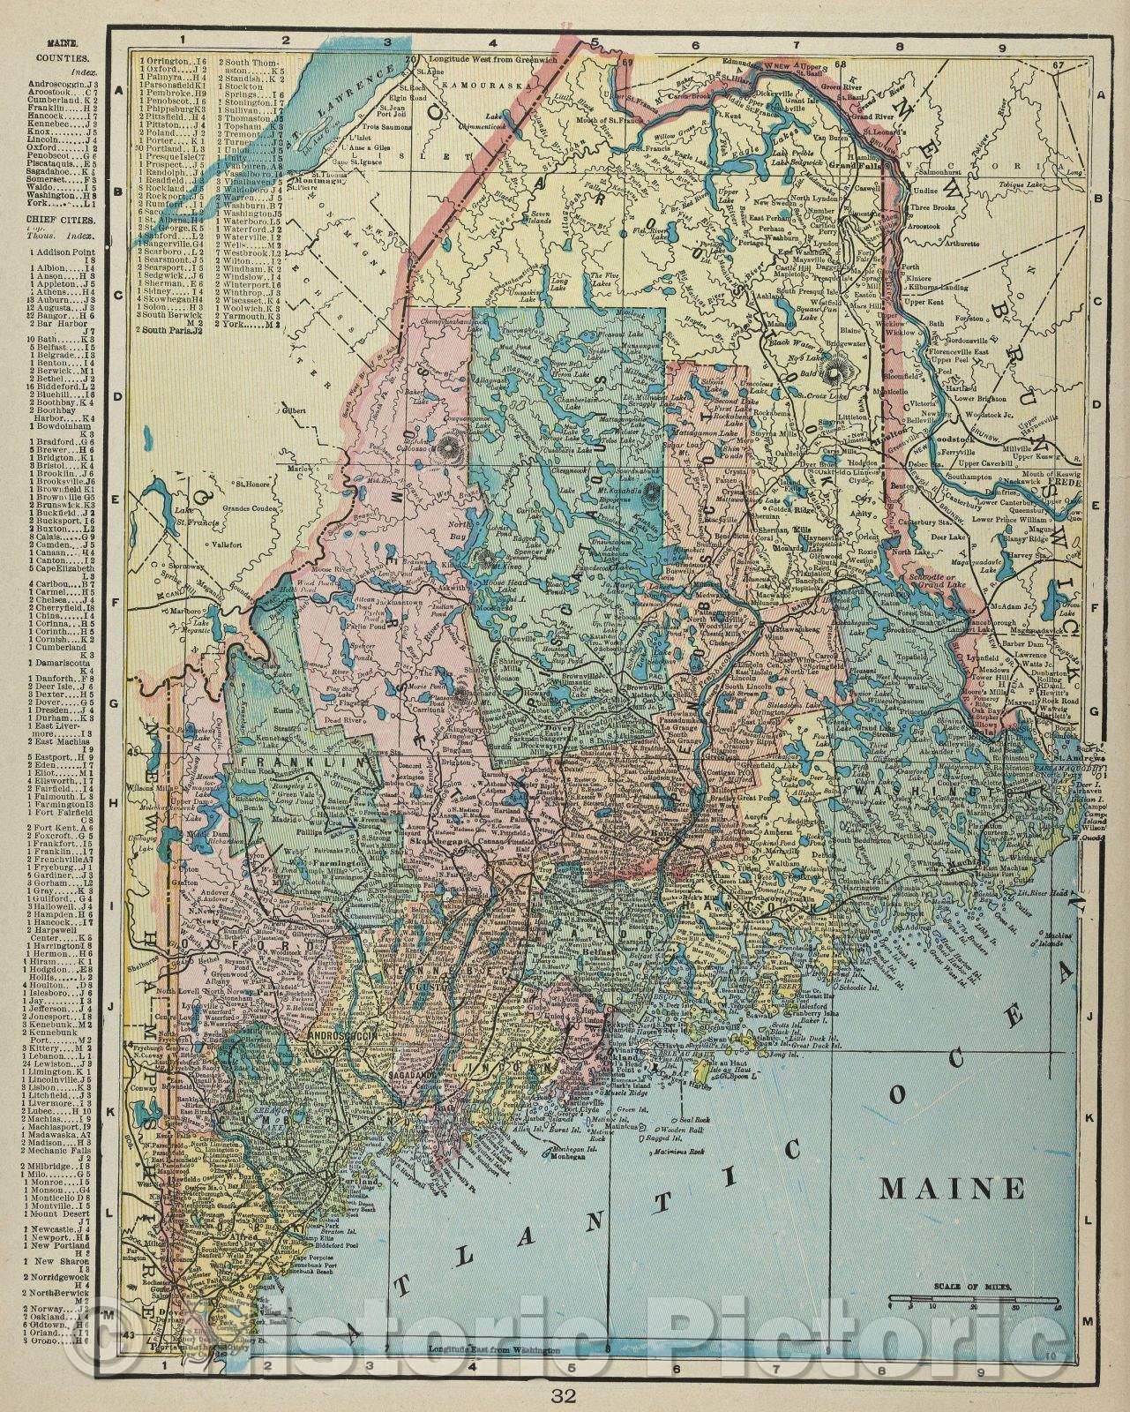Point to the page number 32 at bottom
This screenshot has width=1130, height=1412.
(564, 1395)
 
